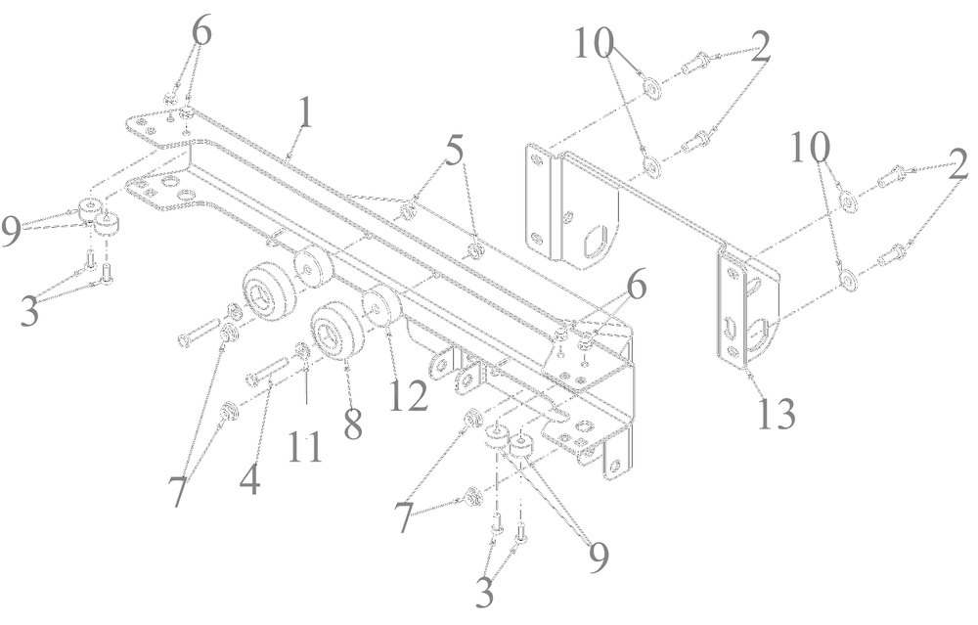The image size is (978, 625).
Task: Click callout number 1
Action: point(306,114)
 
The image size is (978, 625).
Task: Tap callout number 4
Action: point(250,480)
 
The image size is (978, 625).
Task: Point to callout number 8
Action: point(352,423)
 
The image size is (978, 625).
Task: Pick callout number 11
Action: point(305,447)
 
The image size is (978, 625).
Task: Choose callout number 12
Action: point(407,396)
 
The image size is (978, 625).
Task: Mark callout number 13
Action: point(775,412)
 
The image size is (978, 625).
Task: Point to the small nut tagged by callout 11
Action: point(302,351)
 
